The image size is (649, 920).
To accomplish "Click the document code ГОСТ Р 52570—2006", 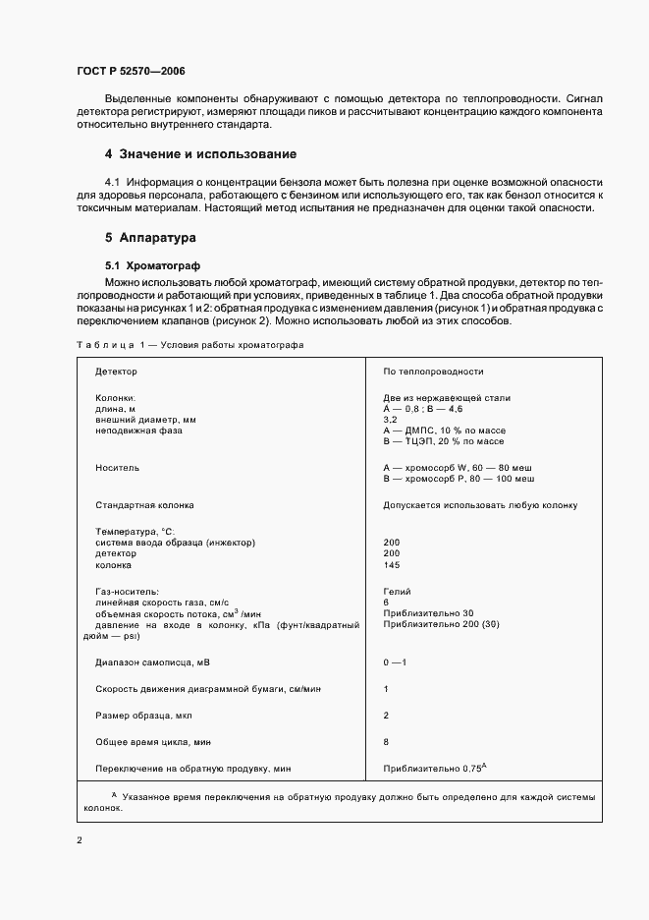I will click(130, 72).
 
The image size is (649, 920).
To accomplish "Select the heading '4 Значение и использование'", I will click(200, 154).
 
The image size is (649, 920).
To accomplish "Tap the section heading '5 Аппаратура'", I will click(151, 238).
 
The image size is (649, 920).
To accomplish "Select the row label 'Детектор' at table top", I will click(116, 373).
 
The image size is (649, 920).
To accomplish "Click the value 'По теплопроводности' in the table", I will click(433, 373).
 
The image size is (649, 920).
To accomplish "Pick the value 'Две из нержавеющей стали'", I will click(446, 397).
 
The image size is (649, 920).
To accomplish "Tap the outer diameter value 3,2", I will click(390, 419).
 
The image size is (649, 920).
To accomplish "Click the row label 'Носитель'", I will click(117, 468).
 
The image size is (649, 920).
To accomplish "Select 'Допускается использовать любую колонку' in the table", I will click(480, 505).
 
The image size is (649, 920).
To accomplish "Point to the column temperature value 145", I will click(392, 565).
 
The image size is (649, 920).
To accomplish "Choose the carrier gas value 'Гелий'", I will click(397, 591).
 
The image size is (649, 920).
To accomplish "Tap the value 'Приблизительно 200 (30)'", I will click(437, 623).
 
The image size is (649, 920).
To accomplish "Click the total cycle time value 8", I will click(386, 741).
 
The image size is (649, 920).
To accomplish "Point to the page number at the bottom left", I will click(78, 840).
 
